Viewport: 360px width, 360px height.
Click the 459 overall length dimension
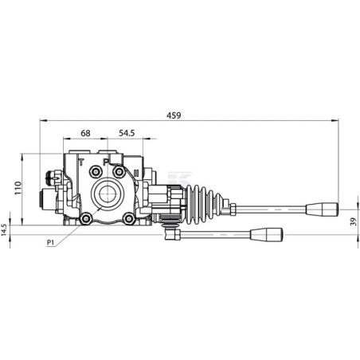tap(174, 115)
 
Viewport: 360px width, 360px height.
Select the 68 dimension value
tap(85, 133)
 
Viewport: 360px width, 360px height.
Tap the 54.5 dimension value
tap(127, 133)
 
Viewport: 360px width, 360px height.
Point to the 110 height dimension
tap(18, 188)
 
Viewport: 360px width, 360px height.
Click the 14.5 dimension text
tap(4, 230)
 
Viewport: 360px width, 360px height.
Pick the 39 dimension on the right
tap(354, 222)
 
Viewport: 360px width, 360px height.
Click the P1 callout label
tap(50, 242)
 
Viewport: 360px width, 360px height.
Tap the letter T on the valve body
tap(81, 162)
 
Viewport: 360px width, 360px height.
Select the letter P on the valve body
tap(106, 162)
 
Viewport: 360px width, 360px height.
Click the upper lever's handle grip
tap(323, 209)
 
